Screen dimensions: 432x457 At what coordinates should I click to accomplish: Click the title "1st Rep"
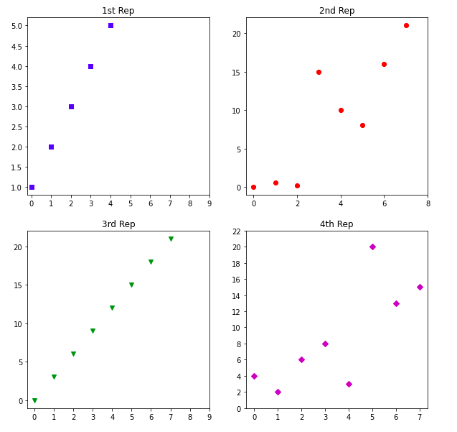118,11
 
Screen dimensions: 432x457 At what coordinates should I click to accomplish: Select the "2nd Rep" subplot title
336,11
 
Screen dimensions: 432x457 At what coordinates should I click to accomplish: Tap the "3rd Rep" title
118,224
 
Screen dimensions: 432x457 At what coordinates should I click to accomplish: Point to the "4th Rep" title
336,224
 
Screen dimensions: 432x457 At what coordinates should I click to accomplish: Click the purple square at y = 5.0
110,26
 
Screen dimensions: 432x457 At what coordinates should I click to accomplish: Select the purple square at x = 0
32,187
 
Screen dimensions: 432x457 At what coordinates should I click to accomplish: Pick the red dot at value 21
406,26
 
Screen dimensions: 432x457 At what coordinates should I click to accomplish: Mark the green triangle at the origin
34,400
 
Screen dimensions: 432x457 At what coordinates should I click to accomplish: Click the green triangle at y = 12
112,308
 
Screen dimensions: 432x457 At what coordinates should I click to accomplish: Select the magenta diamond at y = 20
372,247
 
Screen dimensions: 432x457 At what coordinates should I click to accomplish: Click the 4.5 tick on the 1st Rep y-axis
16,46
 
